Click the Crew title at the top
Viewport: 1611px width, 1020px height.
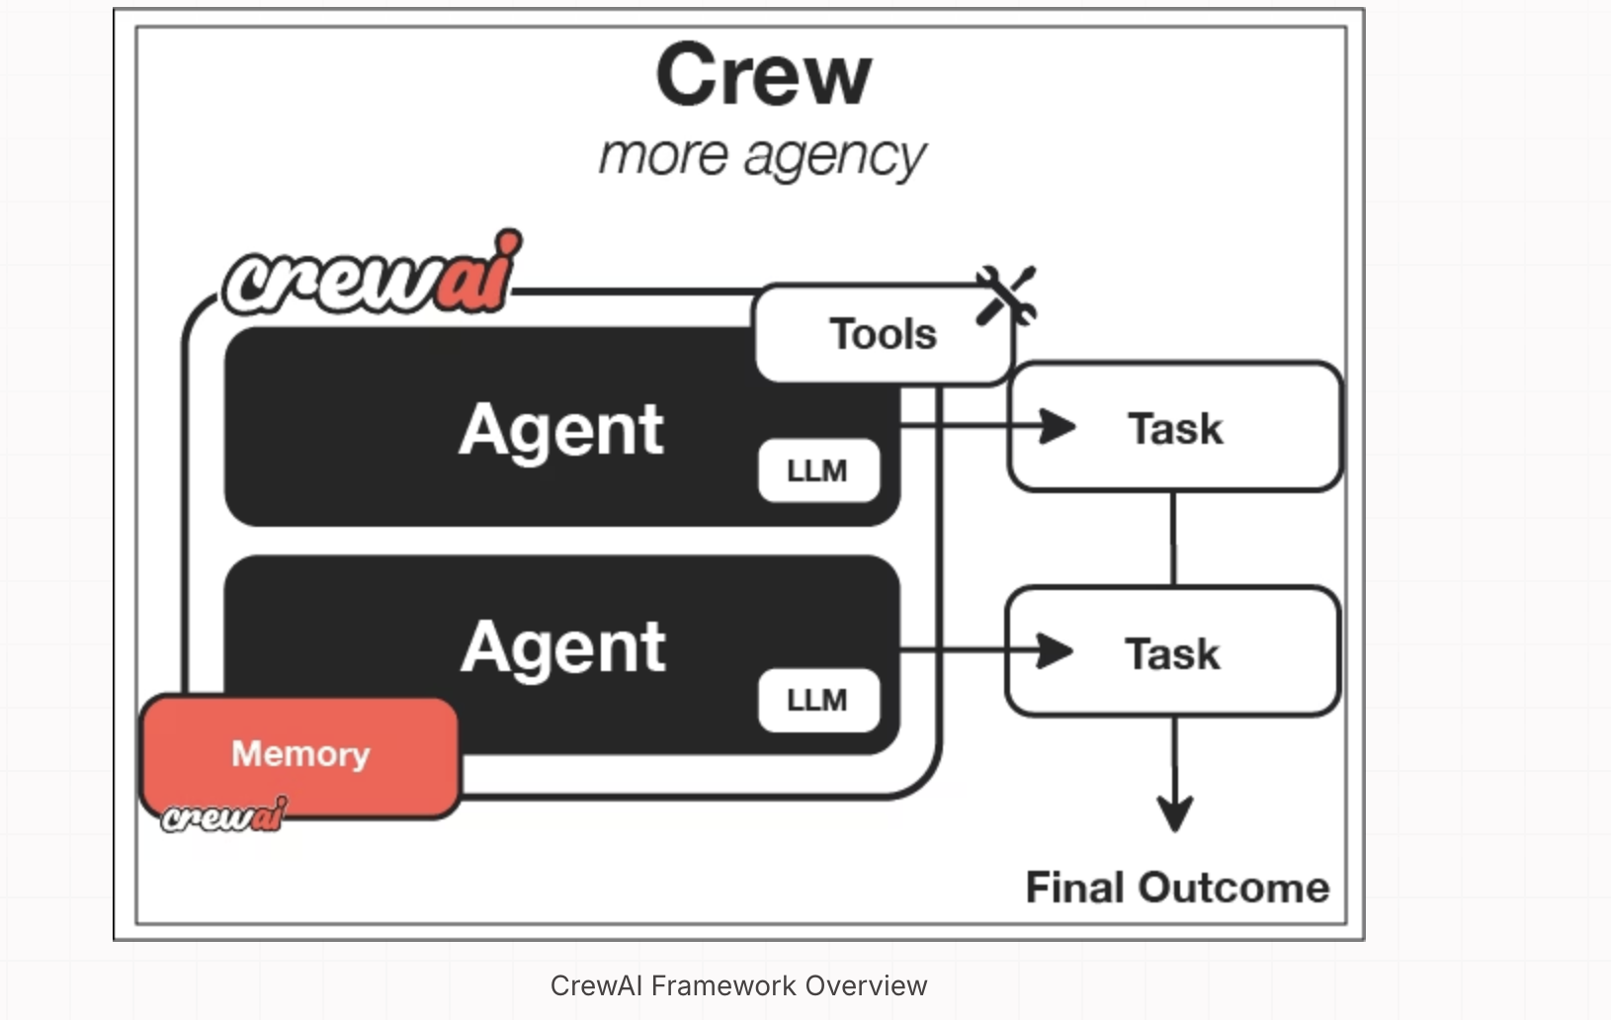(763, 76)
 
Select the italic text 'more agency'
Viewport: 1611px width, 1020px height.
(762, 156)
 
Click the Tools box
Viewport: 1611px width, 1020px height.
(883, 334)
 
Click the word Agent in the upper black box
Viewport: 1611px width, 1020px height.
(561, 430)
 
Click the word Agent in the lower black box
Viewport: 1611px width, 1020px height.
(563, 648)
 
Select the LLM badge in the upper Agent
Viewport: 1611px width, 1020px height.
(817, 470)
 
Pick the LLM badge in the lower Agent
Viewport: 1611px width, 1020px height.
(817, 700)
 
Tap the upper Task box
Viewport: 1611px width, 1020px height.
(1175, 428)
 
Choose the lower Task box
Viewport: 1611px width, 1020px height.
(1173, 652)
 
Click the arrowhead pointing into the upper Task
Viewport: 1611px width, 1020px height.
(1058, 426)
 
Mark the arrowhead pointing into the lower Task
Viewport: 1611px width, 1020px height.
(1056, 650)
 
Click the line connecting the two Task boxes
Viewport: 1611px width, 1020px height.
(1173, 539)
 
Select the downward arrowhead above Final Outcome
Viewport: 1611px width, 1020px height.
(1174, 812)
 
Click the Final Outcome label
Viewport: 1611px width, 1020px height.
(1177, 888)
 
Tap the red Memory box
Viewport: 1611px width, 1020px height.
(300, 754)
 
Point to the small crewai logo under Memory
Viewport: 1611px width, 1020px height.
(224, 816)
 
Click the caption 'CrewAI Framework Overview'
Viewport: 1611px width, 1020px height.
(738, 985)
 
